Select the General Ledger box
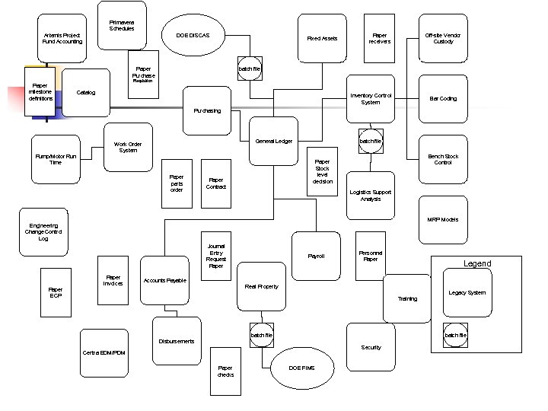pyautogui.click(x=274, y=141)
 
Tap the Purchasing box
pyautogui.click(x=207, y=110)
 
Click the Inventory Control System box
pyautogui.click(x=371, y=99)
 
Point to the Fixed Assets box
pyautogui.click(x=322, y=38)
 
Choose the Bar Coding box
pyautogui.click(x=443, y=98)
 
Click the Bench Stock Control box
pyautogui.click(x=443, y=159)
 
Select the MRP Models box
pyautogui.click(x=443, y=220)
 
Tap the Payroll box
pyautogui.click(x=316, y=256)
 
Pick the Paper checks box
pyautogui.click(x=225, y=371)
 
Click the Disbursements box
pyautogui.click(x=177, y=341)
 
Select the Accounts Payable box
pyautogui.click(x=164, y=280)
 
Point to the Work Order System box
pyautogui.click(x=128, y=147)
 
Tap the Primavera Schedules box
pyautogui.click(x=122, y=26)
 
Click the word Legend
pyautogui.click(x=477, y=263)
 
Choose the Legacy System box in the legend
pyautogui.click(x=467, y=293)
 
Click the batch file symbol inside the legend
pyautogui.click(x=456, y=335)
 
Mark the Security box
pyautogui.click(x=371, y=347)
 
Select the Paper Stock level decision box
pyautogui.click(x=323, y=171)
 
